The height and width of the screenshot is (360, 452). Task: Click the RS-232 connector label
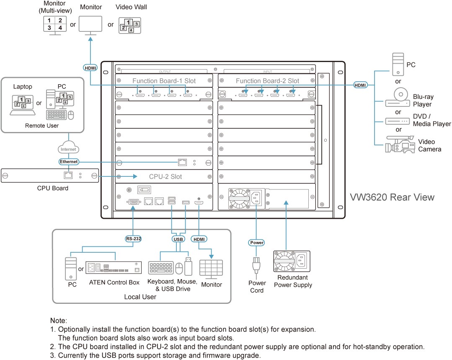click(x=133, y=238)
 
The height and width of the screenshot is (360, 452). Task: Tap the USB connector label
click(x=178, y=239)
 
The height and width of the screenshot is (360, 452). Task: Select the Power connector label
click(x=256, y=243)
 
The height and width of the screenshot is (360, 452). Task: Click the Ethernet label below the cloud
click(x=69, y=161)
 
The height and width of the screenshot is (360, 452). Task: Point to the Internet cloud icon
click(x=68, y=147)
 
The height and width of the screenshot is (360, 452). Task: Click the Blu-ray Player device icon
click(x=398, y=97)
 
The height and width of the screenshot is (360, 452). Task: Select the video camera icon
click(x=399, y=144)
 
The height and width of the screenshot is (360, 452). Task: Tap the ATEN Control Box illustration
click(x=114, y=267)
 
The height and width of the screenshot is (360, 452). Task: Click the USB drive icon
click(x=188, y=266)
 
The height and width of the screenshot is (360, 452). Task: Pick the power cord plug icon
click(x=256, y=265)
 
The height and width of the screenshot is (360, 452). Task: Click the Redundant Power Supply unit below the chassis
click(x=292, y=262)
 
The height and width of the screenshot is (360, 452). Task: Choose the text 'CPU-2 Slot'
click(x=165, y=176)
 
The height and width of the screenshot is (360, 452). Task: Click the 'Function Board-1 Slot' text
click(x=164, y=81)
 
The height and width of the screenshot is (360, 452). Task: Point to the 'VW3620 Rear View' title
click(x=392, y=197)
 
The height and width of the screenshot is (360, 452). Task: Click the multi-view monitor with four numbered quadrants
click(x=55, y=26)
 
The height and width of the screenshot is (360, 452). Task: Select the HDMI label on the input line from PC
click(x=360, y=85)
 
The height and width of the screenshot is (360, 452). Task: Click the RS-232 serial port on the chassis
click(x=133, y=202)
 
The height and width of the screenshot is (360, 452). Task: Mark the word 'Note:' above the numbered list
click(x=59, y=321)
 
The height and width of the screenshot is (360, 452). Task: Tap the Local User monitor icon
click(x=211, y=269)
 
